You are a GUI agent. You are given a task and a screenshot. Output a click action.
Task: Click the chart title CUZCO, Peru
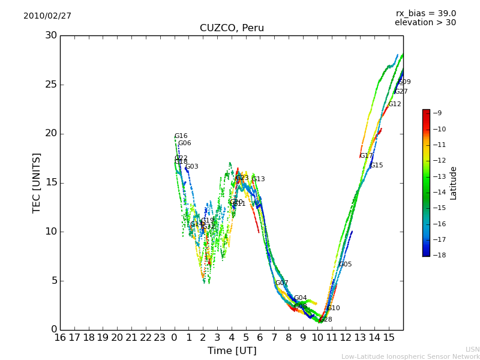(232, 28)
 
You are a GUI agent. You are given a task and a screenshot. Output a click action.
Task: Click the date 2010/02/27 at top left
(47, 16)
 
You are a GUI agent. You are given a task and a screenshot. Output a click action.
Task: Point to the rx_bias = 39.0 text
(426, 14)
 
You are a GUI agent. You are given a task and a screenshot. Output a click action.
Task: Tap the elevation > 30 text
(425, 23)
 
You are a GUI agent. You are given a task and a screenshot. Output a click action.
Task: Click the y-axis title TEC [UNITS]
(37, 182)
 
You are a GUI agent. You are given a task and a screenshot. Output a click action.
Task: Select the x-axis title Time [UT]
(232, 350)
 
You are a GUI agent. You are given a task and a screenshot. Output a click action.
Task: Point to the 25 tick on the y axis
(51, 85)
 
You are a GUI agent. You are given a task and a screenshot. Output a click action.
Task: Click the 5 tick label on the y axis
(54, 280)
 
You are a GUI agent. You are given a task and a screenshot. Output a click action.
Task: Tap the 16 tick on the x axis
(60, 337)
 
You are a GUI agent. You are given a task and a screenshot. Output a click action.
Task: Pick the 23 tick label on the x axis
(160, 337)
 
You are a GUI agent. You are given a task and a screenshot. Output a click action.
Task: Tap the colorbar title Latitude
(454, 183)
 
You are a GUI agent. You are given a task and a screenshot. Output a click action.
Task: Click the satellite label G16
(181, 136)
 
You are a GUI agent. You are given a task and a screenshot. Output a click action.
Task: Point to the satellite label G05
(345, 265)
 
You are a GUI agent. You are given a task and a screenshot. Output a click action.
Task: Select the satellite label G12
(394, 104)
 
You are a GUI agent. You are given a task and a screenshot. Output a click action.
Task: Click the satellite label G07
(281, 283)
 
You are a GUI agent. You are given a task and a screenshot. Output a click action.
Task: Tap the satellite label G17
(366, 156)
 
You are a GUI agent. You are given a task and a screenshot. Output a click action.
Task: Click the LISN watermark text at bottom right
(472, 349)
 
